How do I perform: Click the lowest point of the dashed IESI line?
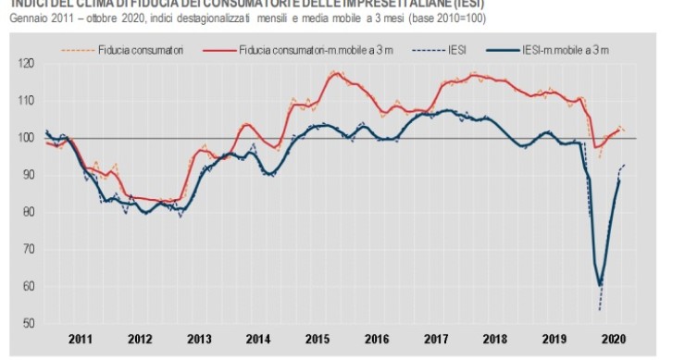click(x=600, y=310)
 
